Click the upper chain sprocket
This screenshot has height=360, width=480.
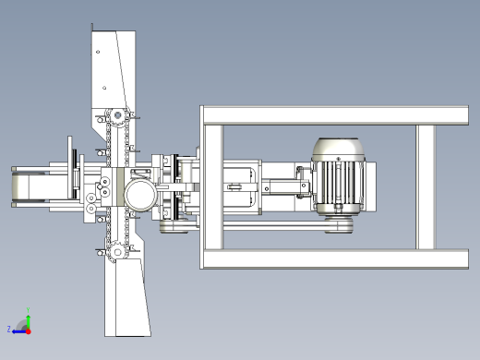pos(117,116)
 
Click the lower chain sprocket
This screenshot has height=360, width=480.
pos(117,252)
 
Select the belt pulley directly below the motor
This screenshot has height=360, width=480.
pos(339,224)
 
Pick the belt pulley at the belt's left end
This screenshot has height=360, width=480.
pos(174,226)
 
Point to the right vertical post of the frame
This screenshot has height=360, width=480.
pos(426,187)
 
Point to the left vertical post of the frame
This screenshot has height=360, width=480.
pos(213,187)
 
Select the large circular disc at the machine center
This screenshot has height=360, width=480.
pos(140,196)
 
